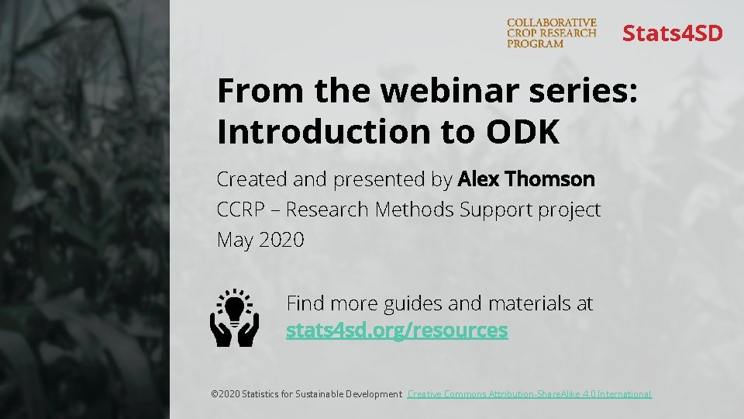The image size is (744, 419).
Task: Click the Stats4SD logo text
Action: point(672,33)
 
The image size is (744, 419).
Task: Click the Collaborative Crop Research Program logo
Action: point(551,33)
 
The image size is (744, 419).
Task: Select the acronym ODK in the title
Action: point(522,133)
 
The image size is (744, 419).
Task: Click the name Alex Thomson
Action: point(526,179)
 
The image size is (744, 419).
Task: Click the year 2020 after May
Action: point(281,241)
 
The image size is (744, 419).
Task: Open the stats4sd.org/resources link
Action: point(397,331)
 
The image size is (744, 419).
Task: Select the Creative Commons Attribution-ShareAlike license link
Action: point(529,394)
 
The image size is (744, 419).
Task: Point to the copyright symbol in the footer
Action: point(215,394)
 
